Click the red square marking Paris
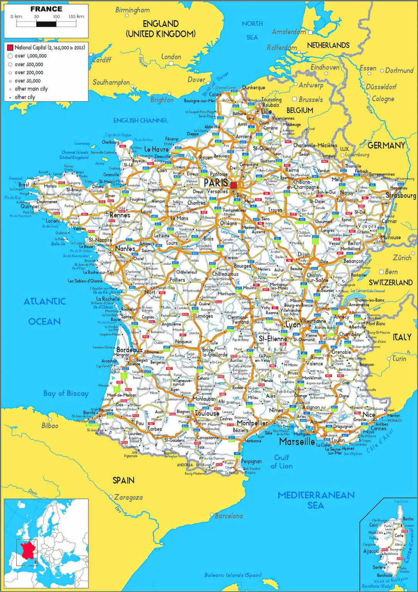coord(234,186)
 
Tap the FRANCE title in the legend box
coord(46,8)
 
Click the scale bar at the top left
coord(46,24)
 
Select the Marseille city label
coord(297,441)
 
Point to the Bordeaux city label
coord(129,350)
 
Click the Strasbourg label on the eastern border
coord(401,195)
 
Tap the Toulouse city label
coord(207,413)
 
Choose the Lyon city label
coord(293,325)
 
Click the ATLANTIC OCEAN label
coord(45,311)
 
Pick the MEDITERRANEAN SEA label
coord(316,500)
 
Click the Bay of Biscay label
coord(66,393)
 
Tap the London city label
coord(171,57)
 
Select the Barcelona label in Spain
coord(229,515)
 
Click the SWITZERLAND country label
coord(391,282)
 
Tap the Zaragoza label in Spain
coord(129,497)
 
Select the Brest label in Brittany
coord(24,185)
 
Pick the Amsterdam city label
coord(289,32)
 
